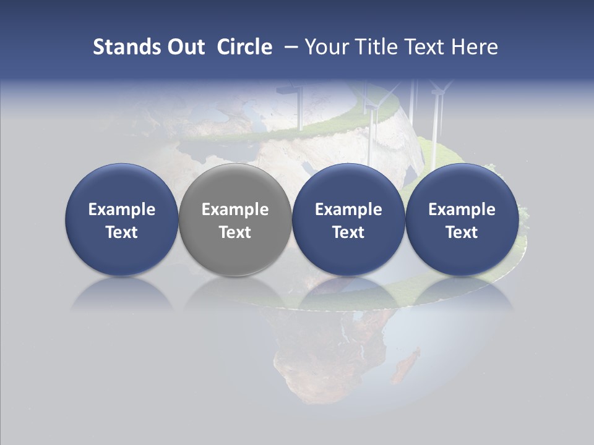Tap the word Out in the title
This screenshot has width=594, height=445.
185,47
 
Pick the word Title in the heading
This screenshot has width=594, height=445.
379,47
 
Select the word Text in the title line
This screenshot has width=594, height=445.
426,47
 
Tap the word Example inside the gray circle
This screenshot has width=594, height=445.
235,210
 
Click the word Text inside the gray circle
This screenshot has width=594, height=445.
235,232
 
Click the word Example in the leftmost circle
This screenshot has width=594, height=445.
121,210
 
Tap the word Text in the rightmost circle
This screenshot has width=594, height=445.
462,232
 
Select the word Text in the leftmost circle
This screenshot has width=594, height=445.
121,232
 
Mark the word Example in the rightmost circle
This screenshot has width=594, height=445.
462,210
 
